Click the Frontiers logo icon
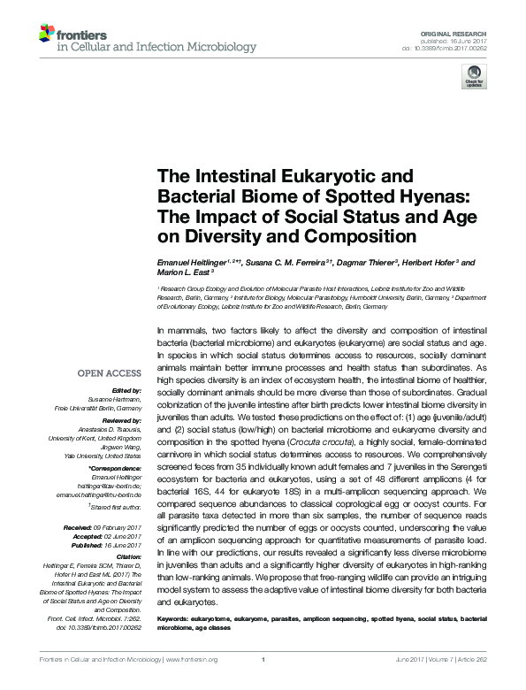coord(46,33)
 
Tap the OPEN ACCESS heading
coord(113,373)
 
